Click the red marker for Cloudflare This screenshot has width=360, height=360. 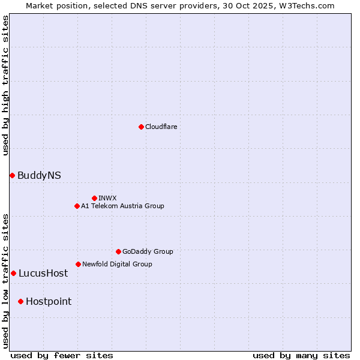point(141,127)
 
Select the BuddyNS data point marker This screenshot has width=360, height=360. point(12,175)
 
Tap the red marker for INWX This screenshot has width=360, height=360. point(94,198)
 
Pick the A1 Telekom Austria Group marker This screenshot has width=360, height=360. point(77,206)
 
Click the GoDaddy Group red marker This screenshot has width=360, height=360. point(118,251)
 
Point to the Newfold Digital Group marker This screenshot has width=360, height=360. point(78,264)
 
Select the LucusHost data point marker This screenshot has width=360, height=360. point(13,273)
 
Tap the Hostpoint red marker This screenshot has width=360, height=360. point(20,301)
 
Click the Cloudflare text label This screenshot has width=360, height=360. point(161,127)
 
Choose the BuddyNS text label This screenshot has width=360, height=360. point(39,175)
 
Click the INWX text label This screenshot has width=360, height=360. point(107,198)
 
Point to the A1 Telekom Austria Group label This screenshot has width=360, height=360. point(122,206)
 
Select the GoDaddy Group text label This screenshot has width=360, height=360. point(148,251)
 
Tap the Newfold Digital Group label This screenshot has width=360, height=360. point(117,264)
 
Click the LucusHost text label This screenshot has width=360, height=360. point(43,273)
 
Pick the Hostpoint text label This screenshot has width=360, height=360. point(49,301)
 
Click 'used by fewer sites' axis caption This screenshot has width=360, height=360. point(62,355)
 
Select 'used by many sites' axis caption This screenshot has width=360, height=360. point(301,355)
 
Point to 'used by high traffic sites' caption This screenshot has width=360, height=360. point(6,86)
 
